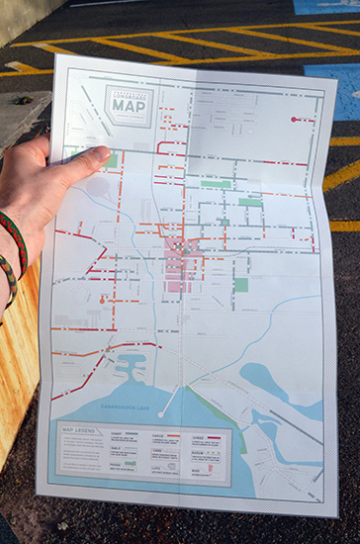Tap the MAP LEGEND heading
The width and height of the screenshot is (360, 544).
tap(76, 431)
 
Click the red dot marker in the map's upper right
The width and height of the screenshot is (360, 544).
tap(294, 119)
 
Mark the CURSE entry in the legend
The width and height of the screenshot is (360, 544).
tap(198, 436)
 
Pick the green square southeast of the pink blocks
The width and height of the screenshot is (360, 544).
tap(240, 285)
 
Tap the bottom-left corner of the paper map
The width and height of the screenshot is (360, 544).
tap(39, 491)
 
